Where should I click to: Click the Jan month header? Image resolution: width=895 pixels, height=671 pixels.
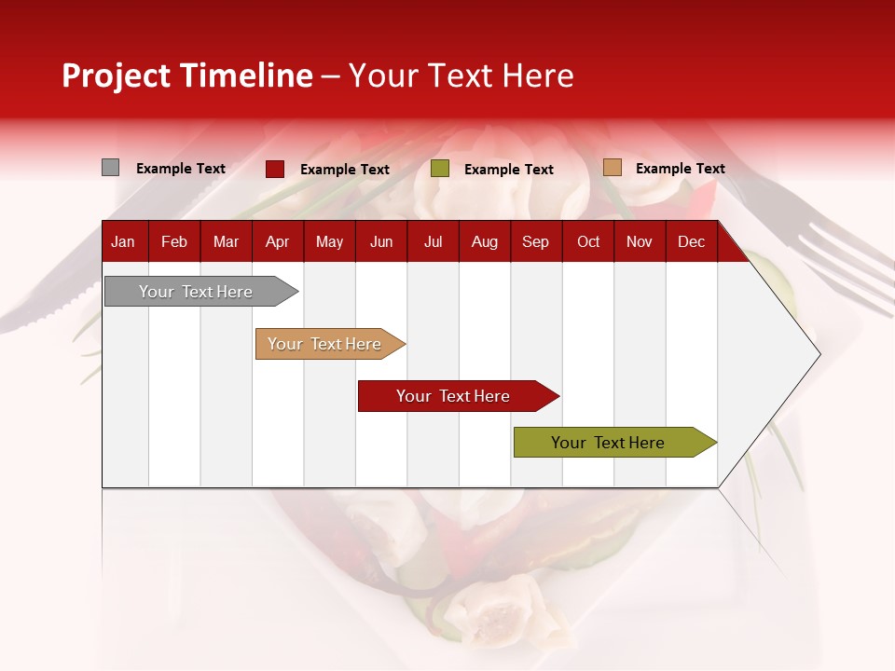pyautogui.click(x=123, y=242)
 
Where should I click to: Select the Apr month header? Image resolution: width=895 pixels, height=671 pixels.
pyautogui.click(x=277, y=242)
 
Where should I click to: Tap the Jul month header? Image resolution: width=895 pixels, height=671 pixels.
pyautogui.click(x=433, y=242)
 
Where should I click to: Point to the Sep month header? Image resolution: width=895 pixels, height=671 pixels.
pyautogui.click(x=535, y=242)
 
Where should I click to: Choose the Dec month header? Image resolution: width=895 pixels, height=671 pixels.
pyautogui.click(x=691, y=242)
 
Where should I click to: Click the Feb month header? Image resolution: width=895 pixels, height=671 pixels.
pyautogui.click(x=174, y=242)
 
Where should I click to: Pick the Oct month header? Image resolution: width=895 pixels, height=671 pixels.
pyautogui.click(x=588, y=242)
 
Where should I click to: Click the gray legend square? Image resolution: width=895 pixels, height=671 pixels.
pyautogui.click(x=110, y=168)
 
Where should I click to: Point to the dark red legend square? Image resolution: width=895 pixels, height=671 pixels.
pyautogui.click(x=274, y=169)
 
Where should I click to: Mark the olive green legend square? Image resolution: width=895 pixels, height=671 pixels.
pyautogui.click(x=440, y=169)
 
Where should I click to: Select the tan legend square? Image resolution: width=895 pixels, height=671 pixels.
pyautogui.click(x=612, y=168)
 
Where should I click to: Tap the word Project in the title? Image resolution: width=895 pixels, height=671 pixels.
pyautogui.click(x=116, y=75)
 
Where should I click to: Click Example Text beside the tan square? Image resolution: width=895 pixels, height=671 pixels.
pyautogui.click(x=680, y=169)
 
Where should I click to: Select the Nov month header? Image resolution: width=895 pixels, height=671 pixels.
pyautogui.click(x=640, y=242)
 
